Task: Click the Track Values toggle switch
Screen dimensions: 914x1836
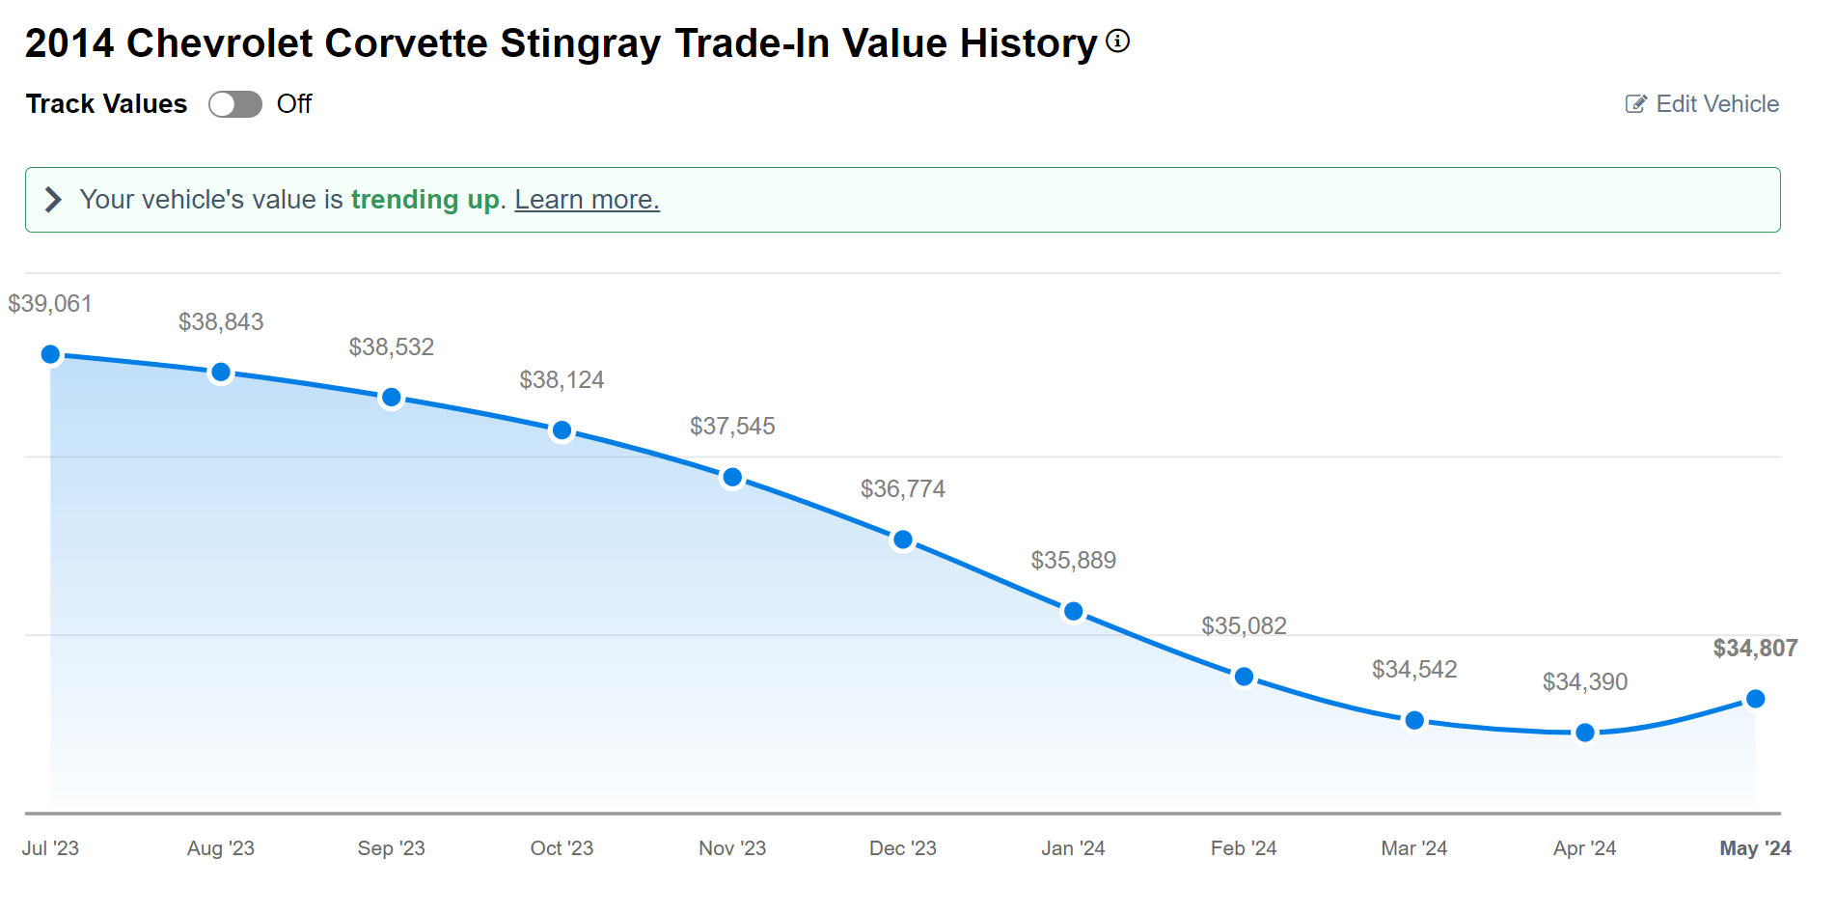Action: (x=235, y=104)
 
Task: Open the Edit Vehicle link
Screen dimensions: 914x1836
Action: (x=1703, y=104)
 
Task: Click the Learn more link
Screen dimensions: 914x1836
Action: (x=587, y=200)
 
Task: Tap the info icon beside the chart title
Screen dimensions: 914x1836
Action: (x=1117, y=42)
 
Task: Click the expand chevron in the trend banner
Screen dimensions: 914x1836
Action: (x=53, y=200)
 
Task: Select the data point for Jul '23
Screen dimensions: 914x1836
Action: (x=51, y=355)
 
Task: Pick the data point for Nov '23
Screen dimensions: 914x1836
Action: (x=732, y=478)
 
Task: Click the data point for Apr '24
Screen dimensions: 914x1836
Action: (x=1584, y=734)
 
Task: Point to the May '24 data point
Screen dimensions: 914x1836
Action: (x=1755, y=699)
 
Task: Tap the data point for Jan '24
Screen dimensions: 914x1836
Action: (x=1073, y=612)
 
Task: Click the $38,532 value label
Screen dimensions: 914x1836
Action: (x=391, y=347)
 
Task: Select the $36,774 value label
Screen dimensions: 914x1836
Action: (x=902, y=489)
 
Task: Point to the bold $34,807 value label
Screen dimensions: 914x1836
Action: (x=1755, y=649)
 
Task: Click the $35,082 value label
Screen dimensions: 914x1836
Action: (x=1244, y=626)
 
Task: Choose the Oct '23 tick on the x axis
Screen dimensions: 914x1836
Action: (x=562, y=848)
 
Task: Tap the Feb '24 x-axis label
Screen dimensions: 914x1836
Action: (x=1244, y=848)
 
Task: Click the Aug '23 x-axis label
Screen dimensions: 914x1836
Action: (x=221, y=848)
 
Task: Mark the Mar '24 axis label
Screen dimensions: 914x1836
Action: (x=1413, y=848)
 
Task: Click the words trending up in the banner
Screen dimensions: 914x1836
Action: (x=425, y=200)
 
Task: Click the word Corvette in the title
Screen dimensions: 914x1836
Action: (x=405, y=43)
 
